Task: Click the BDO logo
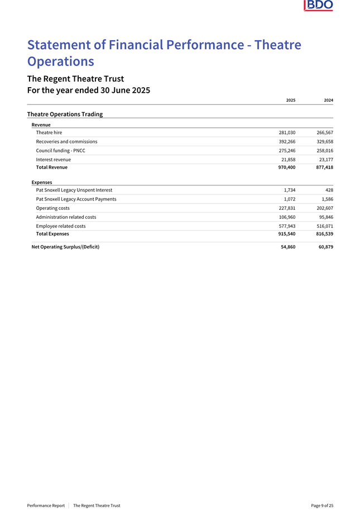[x=319, y=6]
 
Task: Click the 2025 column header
[x=290, y=100]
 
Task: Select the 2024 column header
[x=328, y=100]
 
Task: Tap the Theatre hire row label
[x=49, y=132]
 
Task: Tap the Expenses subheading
[x=42, y=183]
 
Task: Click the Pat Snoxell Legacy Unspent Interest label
[x=74, y=190]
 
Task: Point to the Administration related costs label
[x=66, y=217]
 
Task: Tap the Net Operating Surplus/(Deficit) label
[x=65, y=247]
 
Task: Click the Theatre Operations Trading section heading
[x=65, y=114]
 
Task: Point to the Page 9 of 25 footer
[x=322, y=505]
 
